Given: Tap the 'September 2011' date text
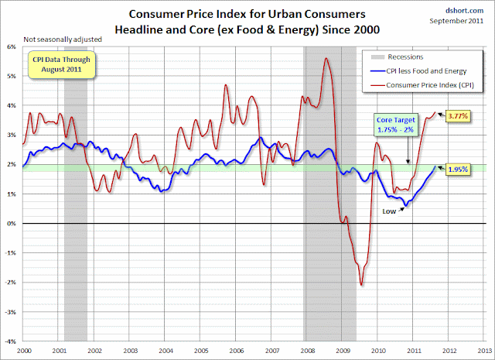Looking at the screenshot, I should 463,22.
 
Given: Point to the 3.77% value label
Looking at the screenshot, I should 456,115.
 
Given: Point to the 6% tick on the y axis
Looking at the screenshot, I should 12,46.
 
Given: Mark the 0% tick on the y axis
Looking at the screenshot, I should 12,223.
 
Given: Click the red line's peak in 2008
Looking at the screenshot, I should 326,59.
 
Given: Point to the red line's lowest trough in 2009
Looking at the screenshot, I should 361,285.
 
